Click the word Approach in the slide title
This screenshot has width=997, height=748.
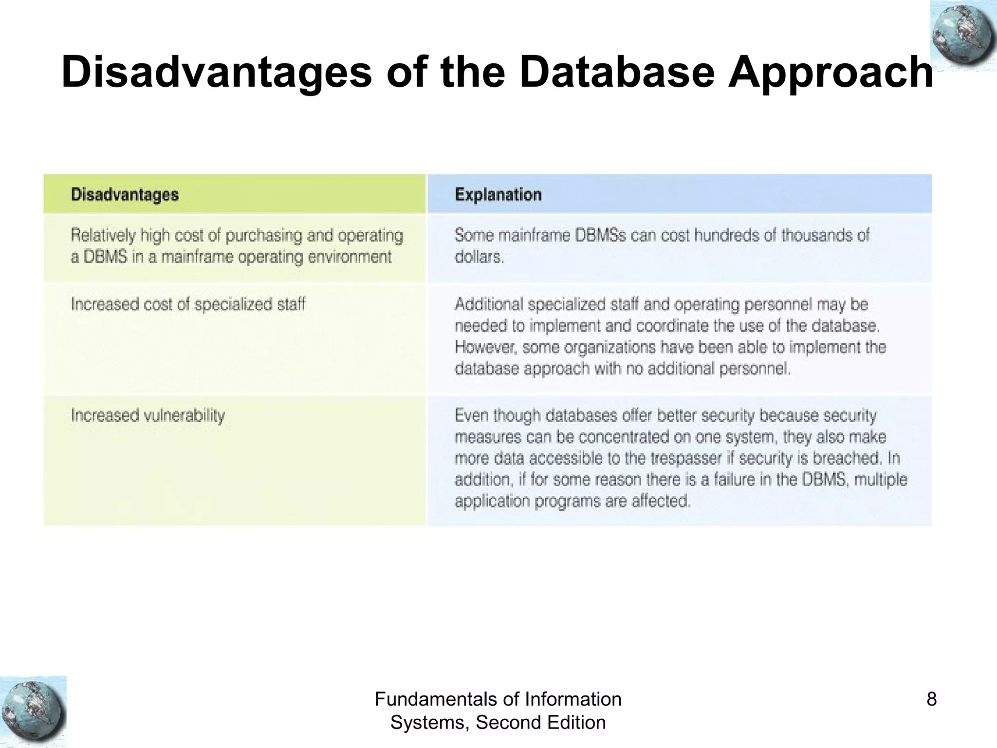tap(831, 73)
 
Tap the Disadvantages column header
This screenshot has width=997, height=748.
tap(125, 195)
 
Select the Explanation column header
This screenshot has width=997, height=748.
tap(498, 195)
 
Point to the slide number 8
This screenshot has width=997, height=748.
tap(931, 699)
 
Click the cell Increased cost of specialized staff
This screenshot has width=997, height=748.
tap(188, 304)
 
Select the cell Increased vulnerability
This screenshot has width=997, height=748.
tap(148, 415)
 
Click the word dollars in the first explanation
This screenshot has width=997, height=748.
tap(478, 257)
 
